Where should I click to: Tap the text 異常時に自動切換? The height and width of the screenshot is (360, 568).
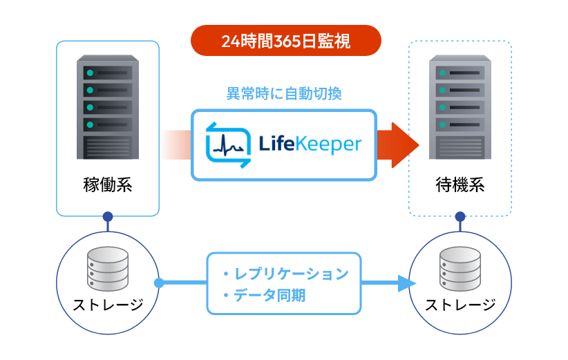(x=284, y=93)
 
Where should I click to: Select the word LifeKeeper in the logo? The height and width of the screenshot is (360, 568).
(x=310, y=144)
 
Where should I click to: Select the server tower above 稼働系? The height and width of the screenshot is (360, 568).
(x=107, y=108)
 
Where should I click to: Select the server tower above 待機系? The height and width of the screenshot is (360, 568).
(x=460, y=108)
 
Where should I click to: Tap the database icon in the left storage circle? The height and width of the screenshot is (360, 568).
(x=108, y=269)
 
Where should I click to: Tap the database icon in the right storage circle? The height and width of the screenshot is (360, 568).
(x=460, y=269)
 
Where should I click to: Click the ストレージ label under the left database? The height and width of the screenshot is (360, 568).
(x=108, y=304)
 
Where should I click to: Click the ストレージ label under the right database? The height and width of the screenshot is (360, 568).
(x=460, y=304)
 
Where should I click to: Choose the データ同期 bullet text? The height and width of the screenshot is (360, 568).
(x=269, y=296)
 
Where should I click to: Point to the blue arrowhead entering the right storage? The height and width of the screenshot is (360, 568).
(x=408, y=283)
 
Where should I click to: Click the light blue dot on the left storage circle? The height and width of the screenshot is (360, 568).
(x=159, y=283)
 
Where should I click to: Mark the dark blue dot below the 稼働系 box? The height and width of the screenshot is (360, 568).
(x=107, y=217)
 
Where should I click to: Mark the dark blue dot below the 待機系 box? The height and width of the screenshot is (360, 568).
(x=460, y=217)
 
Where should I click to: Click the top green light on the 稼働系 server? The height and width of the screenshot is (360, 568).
(x=89, y=72)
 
